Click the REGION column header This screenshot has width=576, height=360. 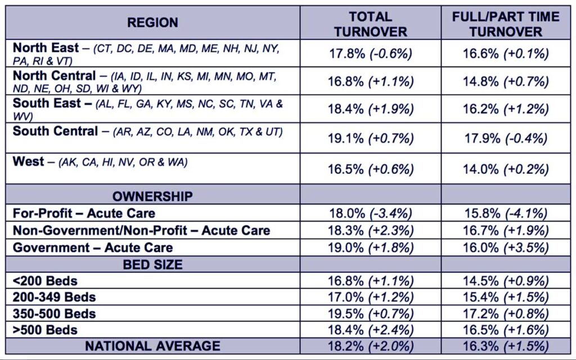coord(152,23)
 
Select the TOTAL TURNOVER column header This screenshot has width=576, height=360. coord(370,24)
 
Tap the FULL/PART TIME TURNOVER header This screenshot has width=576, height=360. coord(506,24)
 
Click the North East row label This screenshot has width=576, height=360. coord(46,48)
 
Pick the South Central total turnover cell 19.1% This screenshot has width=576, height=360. coord(370,138)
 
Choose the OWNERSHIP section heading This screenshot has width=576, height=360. coord(152,196)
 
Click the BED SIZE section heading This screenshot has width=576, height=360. coord(152,264)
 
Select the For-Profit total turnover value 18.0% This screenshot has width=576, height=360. coord(370,213)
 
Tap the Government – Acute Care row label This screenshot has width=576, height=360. coord(93,247)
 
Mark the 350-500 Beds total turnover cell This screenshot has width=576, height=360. coord(370,313)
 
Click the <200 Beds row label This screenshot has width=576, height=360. coord(46,281)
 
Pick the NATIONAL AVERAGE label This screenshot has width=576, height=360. coord(152,345)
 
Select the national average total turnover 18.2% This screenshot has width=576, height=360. coord(370,345)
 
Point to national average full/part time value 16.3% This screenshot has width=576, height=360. coord(506,345)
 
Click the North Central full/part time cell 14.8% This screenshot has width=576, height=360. coord(506,82)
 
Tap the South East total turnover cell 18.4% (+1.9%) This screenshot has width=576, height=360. coord(370,110)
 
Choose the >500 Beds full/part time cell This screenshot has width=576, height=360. coord(506,330)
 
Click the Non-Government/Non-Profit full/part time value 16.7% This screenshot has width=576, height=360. coord(506,231)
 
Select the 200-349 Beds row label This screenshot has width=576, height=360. coord(55,297)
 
